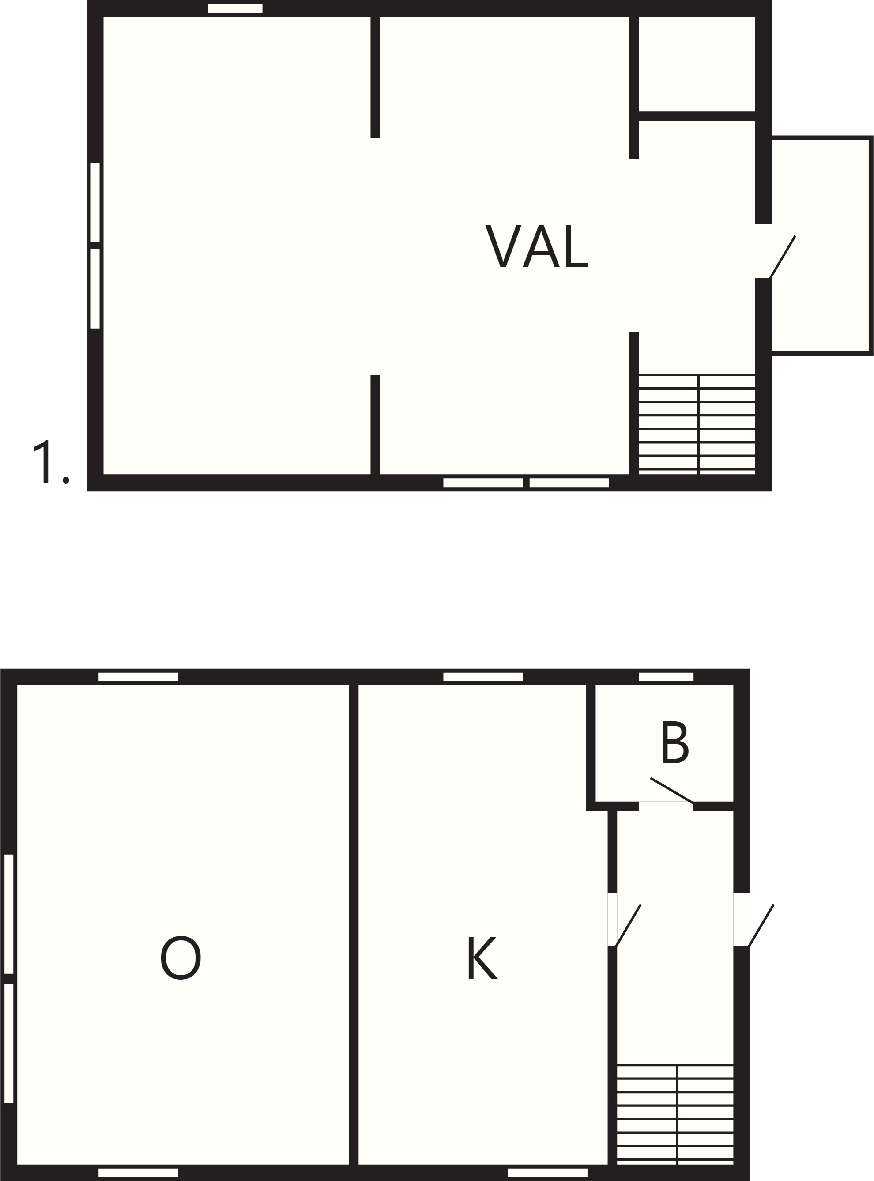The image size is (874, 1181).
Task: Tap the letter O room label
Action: [x=181, y=958]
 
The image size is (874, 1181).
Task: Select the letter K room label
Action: [x=482, y=958]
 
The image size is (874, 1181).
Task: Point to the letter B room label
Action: [x=674, y=742]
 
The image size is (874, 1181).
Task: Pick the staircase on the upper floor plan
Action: [x=696, y=424]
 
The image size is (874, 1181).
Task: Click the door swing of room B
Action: [x=671, y=790]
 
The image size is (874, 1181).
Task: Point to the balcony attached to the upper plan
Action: [x=821, y=245]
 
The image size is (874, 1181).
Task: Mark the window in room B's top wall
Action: [x=666, y=677]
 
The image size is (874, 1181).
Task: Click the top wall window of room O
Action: [x=138, y=677]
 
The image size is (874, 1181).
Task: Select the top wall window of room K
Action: [x=483, y=677]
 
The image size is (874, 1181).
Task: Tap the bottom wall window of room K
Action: [x=547, y=1173]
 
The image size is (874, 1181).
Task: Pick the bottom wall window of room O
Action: [x=138, y=1173]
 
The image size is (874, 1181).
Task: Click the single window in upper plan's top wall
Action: [x=235, y=8]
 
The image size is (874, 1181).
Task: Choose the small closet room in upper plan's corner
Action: [x=697, y=64]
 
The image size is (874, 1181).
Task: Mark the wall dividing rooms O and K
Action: [x=354, y=925]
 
